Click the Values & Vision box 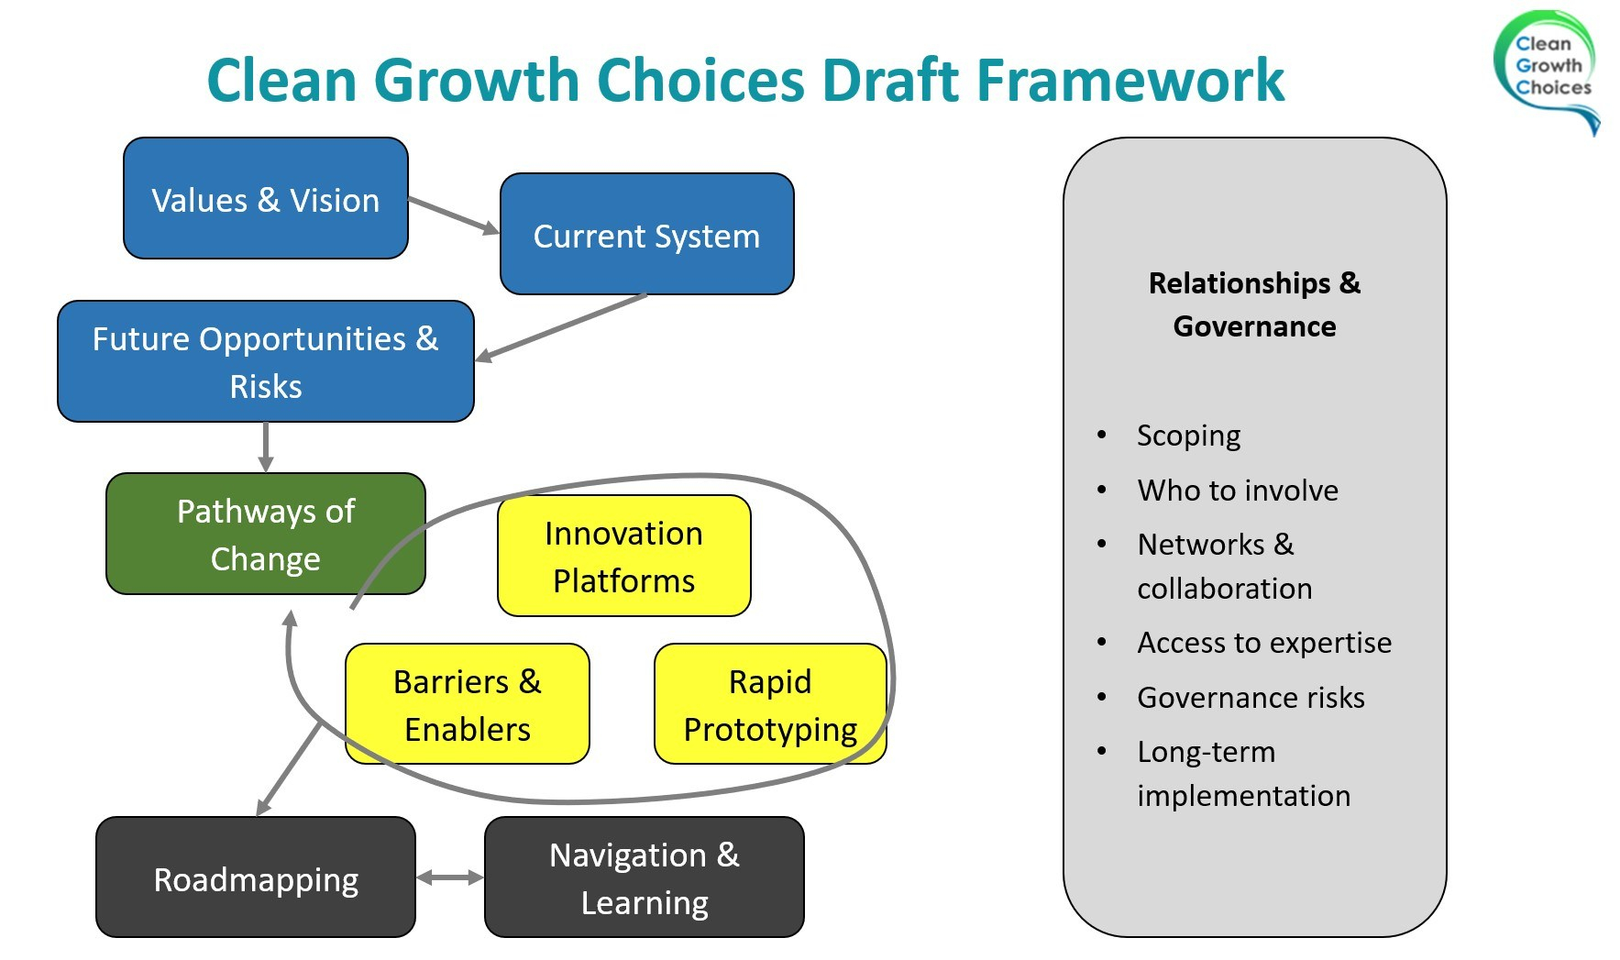coord(265,199)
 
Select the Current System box coord(646,235)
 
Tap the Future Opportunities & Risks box coord(265,361)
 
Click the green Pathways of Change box coord(265,535)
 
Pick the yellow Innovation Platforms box coord(623,557)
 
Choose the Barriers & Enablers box coord(467,704)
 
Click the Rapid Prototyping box coord(769,704)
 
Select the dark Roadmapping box coord(256,878)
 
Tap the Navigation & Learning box coord(644,878)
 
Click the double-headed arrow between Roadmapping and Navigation coord(449,877)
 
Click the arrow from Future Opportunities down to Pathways coord(265,447)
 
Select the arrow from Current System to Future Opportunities coord(561,326)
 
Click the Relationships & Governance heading coord(1254,304)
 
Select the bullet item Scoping coord(1188,436)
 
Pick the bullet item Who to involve coord(1237,491)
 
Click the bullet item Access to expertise coord(1263,643)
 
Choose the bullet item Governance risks coord(1251,698)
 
